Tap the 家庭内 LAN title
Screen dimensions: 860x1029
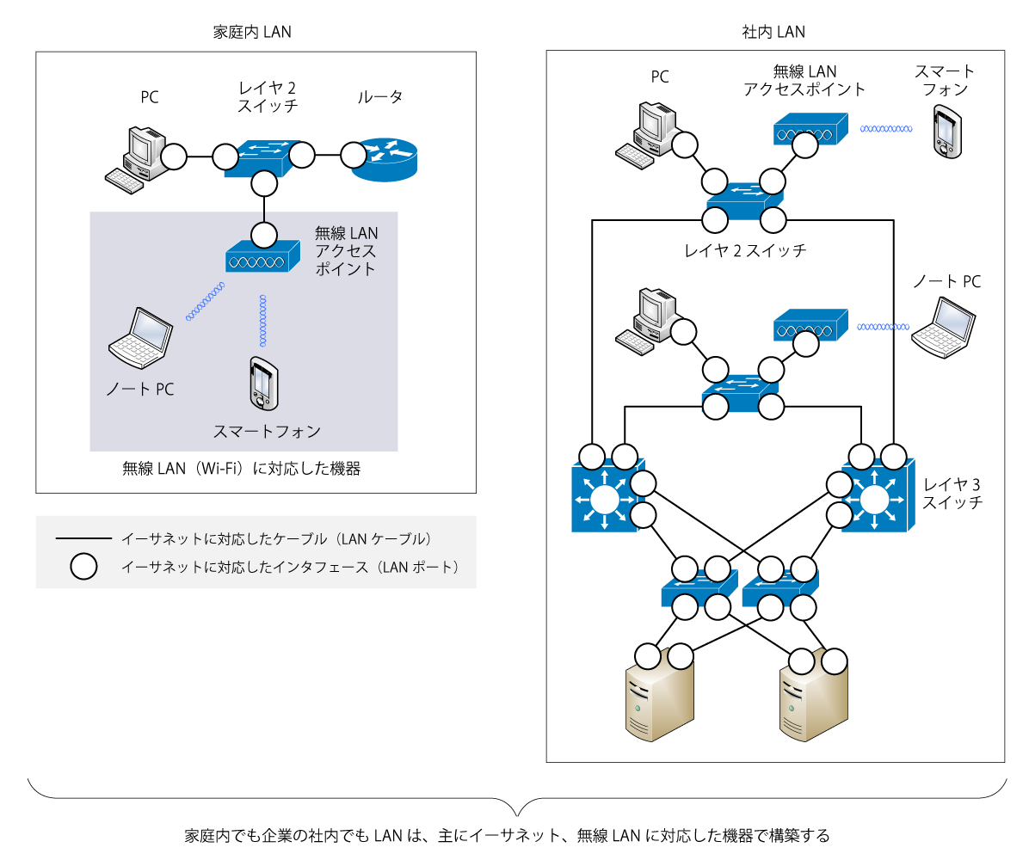[x=252, y=33]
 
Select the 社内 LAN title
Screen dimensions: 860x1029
[x=773, y=33]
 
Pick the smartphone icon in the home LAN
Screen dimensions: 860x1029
[x=262, y=384]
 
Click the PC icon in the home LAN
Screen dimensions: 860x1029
[x=135, y=156]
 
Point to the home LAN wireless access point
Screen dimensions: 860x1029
[x=262, y=255]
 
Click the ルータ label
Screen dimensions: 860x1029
[x=379, y=96]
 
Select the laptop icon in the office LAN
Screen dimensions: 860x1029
[x=945, y=326]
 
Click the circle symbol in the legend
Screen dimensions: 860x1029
[x=83, y=566]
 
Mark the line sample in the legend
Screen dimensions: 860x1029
[x=83, y=539]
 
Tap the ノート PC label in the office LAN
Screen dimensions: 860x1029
[x=946, y=281]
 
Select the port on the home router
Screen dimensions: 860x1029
[x=352, y=156]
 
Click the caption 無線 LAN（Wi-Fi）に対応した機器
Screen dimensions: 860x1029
[x=242, y=469]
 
